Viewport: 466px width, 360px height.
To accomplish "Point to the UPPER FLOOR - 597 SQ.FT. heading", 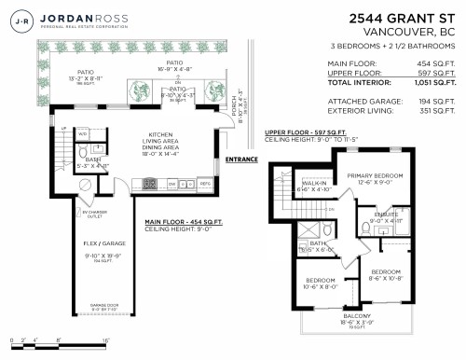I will pos(305,132).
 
